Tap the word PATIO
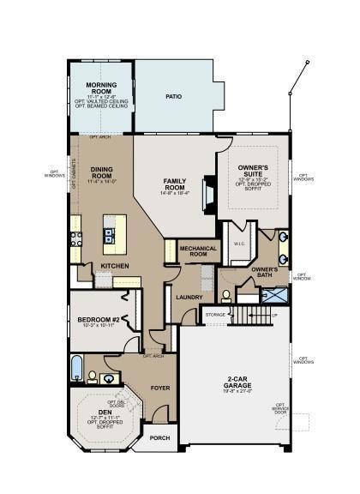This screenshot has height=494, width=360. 174,97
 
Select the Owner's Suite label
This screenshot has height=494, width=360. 253,170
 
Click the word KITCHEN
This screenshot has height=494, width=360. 115,266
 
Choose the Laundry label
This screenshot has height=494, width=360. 189,298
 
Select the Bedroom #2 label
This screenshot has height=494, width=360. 97,320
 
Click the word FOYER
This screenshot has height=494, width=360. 160,387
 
